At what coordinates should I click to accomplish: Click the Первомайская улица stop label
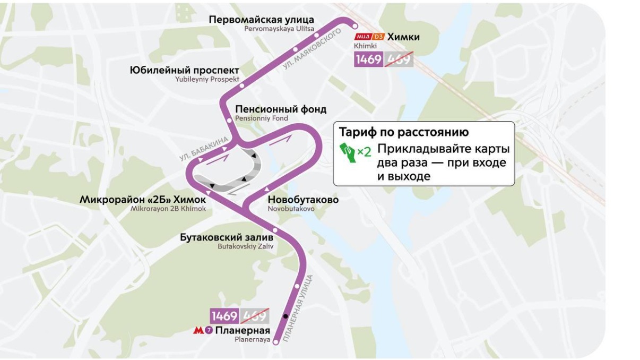(261, 20)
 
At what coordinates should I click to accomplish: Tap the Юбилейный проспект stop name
(184, 71)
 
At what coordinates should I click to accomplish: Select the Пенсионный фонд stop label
(280, 109)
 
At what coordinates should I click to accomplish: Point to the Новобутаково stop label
(302, 200)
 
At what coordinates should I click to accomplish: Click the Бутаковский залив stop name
(227, 237)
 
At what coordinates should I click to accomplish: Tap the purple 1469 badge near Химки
(368, 59)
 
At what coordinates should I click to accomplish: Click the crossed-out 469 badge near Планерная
(255, 316)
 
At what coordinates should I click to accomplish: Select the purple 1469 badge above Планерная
(224, 316)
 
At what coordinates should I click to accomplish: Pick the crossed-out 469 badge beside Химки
(399, 59)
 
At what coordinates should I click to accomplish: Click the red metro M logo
(198, 330)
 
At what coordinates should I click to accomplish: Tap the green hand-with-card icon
(348, 151)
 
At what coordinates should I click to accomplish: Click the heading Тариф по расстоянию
(404, 132)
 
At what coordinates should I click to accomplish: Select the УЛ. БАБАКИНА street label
(204, 149)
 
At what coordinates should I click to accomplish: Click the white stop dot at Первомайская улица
(355, 25)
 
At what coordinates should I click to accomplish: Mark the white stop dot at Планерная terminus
(275, 342)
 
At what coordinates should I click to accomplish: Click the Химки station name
(403, 37)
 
